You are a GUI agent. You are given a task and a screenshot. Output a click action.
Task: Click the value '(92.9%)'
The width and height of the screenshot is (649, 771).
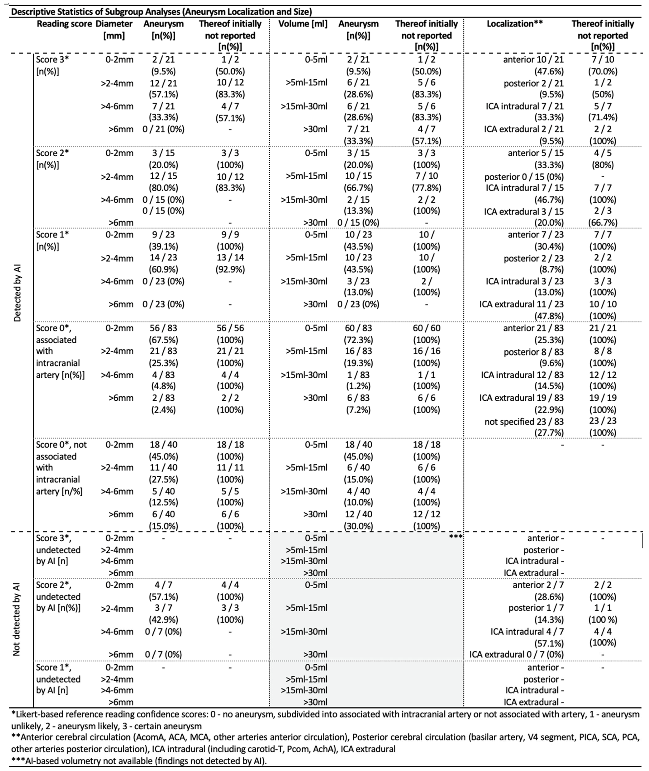click(230, 269)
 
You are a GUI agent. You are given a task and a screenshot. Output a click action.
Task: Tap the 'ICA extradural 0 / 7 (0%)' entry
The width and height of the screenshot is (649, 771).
click(517, 654)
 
